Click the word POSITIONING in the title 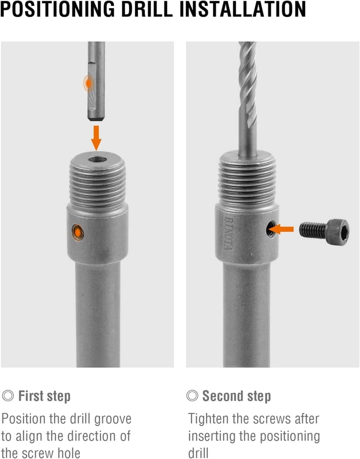click(x=57, y=9)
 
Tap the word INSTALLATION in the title click(x=243, y=9)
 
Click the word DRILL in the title click(x=147, y=9)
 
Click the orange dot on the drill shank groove click(x=88, y=83)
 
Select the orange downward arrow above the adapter click(x=96, y=138)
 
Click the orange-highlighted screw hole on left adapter click(x=77, y=233)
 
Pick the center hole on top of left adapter click(x=98, y=160)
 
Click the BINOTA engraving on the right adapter click(x=229, y=233)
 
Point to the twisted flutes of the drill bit click(x=248, y=85)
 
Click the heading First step click(x=45, y=396)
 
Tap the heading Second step click(x=237, y=396)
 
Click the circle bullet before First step click(x=8, y=396)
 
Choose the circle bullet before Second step click(x=192, y=396)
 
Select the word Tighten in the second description click(x=209, y=419)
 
